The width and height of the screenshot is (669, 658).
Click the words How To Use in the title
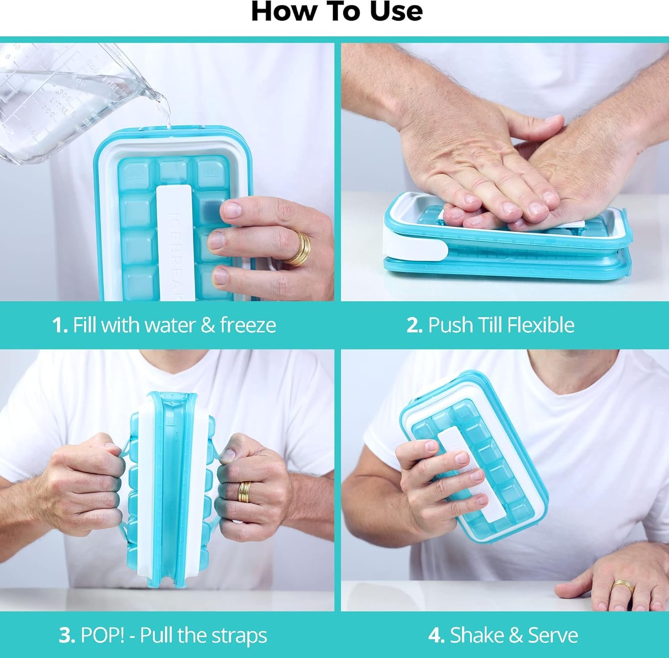coord(337,12)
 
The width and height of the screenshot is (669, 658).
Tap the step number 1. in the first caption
coord(60,325)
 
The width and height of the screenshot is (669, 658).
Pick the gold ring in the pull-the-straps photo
coord(244,492)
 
